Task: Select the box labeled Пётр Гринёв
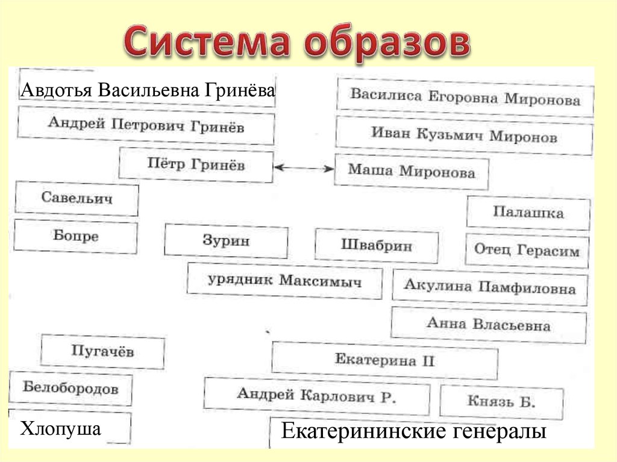(196, 165)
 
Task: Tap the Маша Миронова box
(412, 172)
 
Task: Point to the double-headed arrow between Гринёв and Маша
(304, 168)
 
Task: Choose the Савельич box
(77, 198)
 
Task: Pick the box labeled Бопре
(75, 236)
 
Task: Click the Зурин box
(226, 241)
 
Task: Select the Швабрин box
(377, 246)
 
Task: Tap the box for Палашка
(528, 213)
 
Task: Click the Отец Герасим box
(527, 251)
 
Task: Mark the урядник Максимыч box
(284, 281)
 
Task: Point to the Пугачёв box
(102, 351)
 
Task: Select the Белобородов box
(70, 389)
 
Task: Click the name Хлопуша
(61, 428)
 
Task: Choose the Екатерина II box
(385, 360)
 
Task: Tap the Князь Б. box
(501, 402)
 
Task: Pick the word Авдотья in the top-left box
(56, 90)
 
